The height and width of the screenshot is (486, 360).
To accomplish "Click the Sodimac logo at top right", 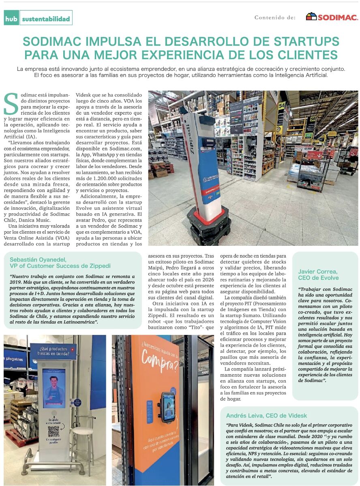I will click(x=332, y=17).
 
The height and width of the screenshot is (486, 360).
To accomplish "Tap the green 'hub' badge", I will click(x=11, y=18).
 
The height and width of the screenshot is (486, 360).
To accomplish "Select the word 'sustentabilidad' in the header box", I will click(x=46, y=19).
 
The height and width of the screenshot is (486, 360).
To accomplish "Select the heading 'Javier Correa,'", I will click(x=318, y=271).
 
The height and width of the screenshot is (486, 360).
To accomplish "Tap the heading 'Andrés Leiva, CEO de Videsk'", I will click(x=266, y=416).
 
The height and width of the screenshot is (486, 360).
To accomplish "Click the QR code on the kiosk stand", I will click(x=54, y=431).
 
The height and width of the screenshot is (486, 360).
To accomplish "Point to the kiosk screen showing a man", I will click(x=54, y=388).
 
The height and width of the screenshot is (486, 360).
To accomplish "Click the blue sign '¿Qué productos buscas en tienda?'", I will click(x=53, y=351).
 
